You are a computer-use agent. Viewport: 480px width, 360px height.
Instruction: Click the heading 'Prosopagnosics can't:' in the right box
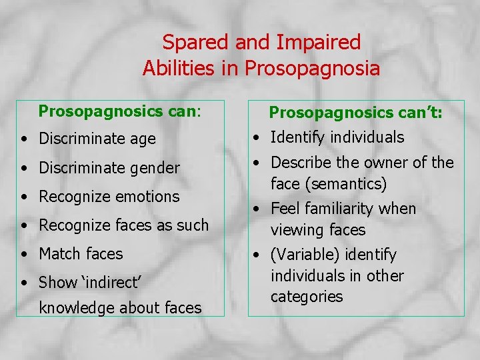tap(356, 113)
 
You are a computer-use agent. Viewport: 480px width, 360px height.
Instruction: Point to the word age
tap(143, 139)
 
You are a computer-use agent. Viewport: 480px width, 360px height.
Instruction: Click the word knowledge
tap(77, 308)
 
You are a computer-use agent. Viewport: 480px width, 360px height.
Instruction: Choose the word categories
tap(306, 297)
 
